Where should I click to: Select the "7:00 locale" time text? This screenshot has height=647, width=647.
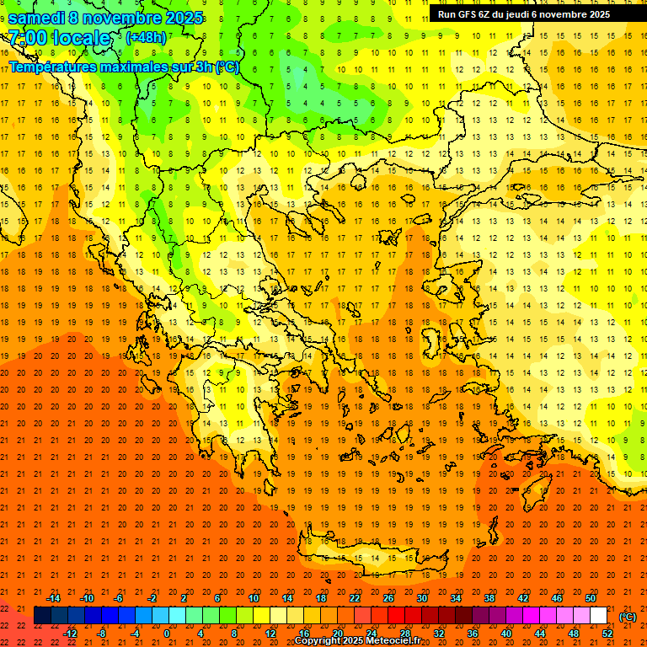pos(59,38)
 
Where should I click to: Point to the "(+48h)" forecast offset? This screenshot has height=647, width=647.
pos(146,38)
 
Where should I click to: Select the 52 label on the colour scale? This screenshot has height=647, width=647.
pos(607,633)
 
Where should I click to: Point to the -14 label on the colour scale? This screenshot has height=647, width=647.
pos(52,597)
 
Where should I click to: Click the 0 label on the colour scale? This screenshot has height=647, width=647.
pos(167,633)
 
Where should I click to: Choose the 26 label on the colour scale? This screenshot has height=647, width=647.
pos(388,597)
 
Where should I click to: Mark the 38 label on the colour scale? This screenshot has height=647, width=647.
pos(489,597)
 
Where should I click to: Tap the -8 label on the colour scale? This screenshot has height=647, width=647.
pos(102,633)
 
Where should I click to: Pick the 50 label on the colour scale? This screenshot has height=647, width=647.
pos(591,597)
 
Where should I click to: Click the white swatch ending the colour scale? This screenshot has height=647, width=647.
pos(598,615)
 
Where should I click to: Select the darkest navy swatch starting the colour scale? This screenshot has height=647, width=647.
pos(42,615)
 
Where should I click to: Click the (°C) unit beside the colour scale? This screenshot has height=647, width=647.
pos(628,617)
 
